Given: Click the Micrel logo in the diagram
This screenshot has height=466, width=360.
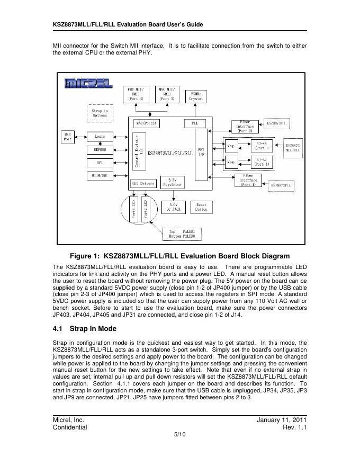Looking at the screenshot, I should click(87, 84).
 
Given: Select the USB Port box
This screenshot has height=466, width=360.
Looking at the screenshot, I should click(68, 137).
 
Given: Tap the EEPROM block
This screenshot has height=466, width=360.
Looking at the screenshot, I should click(100, 150).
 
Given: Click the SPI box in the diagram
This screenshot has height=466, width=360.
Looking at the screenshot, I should click(100, 163).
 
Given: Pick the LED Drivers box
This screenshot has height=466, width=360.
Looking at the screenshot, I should click(143, 183).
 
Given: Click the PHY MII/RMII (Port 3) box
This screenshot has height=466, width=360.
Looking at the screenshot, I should click(137, 93).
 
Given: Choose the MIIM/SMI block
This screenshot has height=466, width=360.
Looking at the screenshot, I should click(100, 176).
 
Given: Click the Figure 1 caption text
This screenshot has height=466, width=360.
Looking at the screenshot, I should click(179, 256).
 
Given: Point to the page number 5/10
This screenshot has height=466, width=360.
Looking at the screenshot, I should click(179, 435).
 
